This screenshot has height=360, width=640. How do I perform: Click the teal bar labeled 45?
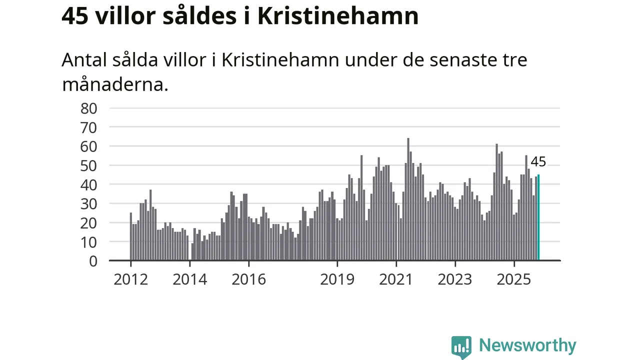coord(538,217)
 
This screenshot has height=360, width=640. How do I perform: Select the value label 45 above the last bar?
coord(538,162)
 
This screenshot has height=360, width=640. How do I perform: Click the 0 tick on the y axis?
coord(93,260)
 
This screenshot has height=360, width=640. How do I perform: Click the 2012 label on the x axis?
coord(130,279)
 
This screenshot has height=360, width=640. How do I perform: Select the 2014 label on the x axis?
coord(189,279)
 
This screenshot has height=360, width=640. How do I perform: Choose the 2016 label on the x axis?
coord(248,279)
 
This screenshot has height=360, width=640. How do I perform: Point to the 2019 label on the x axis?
coord(337,279)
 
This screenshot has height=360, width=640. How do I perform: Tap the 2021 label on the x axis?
coord(396,279)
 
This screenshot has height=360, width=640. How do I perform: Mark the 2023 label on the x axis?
coord(455,279)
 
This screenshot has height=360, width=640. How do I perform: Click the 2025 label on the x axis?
coord(514,279)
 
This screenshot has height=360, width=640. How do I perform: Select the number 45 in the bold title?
coord(75,16)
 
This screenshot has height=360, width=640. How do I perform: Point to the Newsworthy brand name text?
coord(527,345)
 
